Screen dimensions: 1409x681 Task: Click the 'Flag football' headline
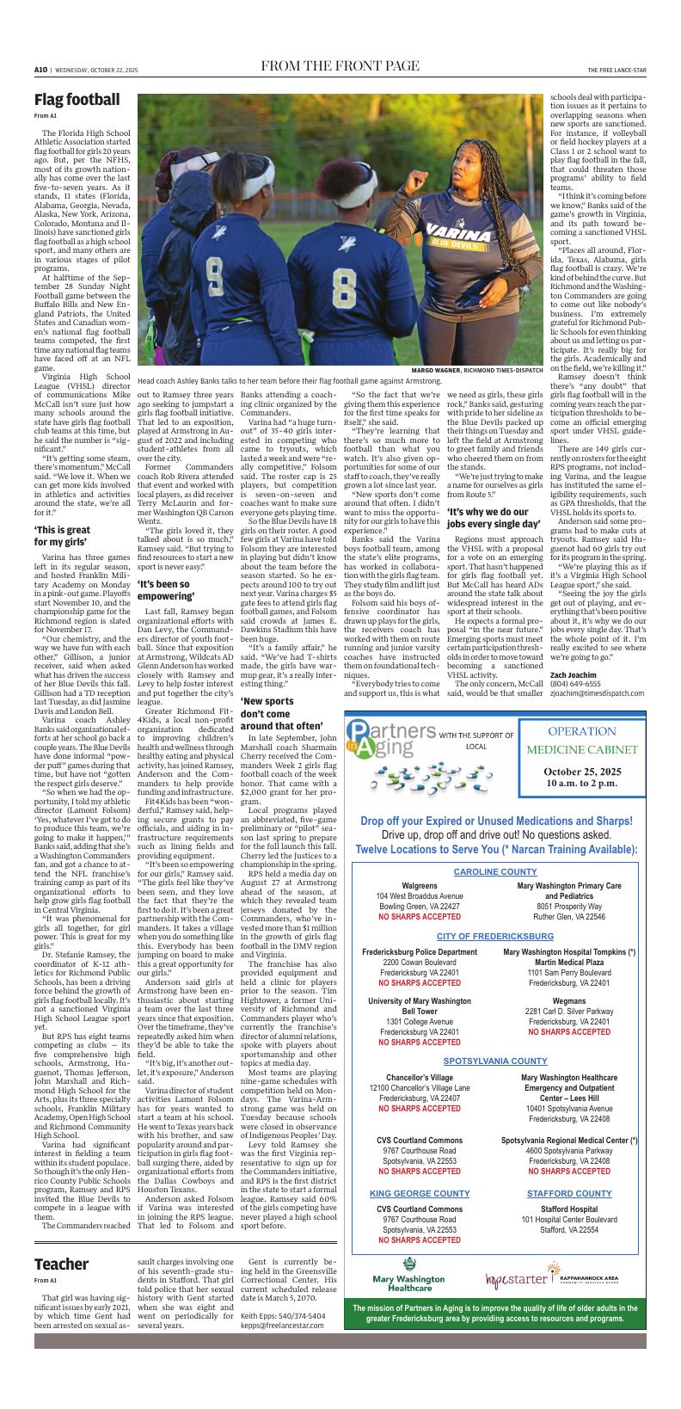coord(77,100)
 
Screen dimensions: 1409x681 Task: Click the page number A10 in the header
coord(40,70)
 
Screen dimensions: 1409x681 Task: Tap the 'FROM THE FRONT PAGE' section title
coord(340,67)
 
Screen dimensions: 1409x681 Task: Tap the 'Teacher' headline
coord(61,1264)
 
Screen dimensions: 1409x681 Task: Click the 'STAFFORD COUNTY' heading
coord(568,1194)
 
